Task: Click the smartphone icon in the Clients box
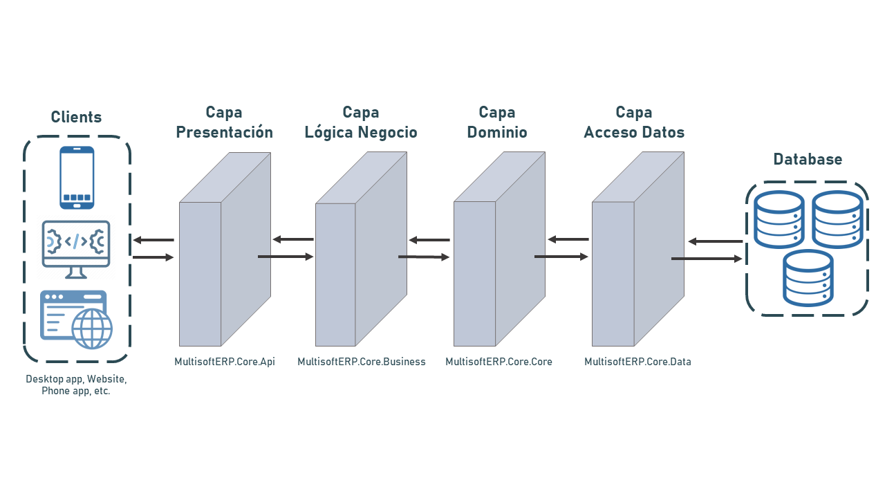(x=77, y=177)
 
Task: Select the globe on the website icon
(x=92, y=329)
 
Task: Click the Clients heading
(x=76, y=118)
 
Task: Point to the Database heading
(x=808, y=160)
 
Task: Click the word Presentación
(x=224, y=132)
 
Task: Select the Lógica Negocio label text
(x=361, y=132)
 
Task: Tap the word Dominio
(x=497, y=132)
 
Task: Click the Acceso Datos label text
(x=634, y=132)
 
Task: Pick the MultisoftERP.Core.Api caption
(x=225, y=362)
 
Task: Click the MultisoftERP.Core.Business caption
(x=362, y=362)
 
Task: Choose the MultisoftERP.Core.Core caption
(x=499, y=362)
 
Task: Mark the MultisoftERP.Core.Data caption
(x=637, y=362)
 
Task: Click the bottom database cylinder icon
(x=808, y=278)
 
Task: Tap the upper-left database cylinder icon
(x=779, y=219)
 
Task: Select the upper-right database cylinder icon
(x=837, y=219)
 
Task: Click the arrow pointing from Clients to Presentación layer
(x=153, y=257)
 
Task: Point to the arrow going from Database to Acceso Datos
(x=715, y=241)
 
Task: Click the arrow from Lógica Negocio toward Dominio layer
(x=424, y=257)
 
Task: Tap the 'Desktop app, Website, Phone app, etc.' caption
(x=76, y=385)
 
